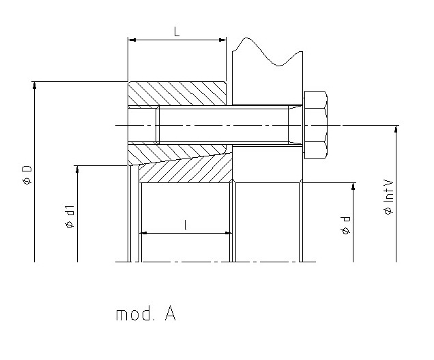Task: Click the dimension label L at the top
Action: pos(177,31)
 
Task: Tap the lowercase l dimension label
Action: pos(185,225)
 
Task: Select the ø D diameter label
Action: pos(27,175)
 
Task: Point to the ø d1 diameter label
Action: pos(70,217)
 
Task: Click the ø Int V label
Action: pos(388,197)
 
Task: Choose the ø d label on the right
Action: pos(345,225)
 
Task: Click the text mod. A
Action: pos(146,314)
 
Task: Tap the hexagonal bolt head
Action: pos(316,125)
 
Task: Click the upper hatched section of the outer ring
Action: pos(177,94)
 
